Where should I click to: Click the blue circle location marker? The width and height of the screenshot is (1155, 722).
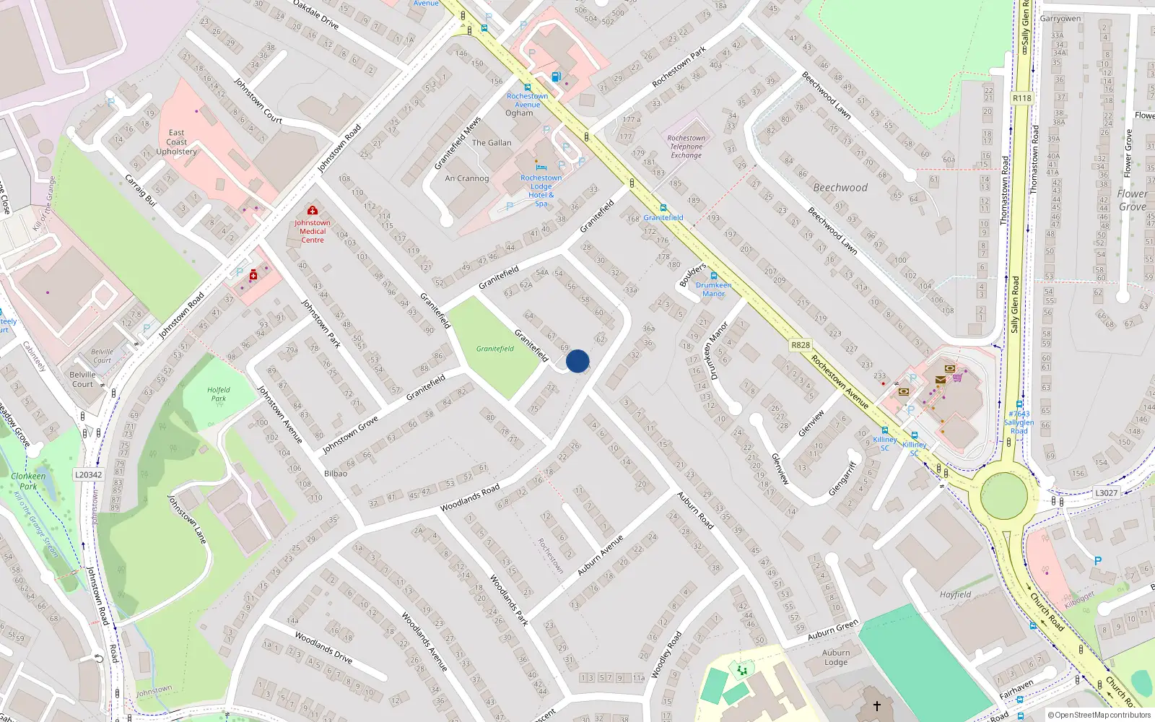click(577, 361)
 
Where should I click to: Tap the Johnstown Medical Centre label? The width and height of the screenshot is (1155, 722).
click(313, 231)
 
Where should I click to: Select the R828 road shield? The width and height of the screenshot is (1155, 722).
click(801, 345)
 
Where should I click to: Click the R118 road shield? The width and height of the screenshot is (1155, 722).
click(1022, 98)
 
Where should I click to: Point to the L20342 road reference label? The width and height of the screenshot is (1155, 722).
click(89, 474)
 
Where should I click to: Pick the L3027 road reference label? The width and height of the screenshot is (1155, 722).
click(1106, 492)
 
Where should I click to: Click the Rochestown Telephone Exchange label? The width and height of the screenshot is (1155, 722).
click(686, 147)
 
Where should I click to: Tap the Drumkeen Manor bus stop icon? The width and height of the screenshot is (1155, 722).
click(713, 276)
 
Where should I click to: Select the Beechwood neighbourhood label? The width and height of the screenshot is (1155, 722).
click(840, 188)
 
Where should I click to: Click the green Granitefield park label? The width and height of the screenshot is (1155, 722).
click(495, 349)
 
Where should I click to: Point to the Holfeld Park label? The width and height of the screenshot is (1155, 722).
click(219, 394)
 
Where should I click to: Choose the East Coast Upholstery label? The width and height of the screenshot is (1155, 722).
click(177, 142)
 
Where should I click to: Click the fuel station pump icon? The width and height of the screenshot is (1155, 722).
click(555, 77)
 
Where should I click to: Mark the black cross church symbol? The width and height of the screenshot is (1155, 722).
click(877, 706)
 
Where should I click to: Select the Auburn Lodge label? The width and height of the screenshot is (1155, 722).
click(836, 657)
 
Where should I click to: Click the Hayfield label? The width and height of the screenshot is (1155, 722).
click(955, 595)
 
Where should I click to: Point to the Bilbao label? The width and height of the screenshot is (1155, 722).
click(336, 474)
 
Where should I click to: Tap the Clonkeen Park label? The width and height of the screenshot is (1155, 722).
click(28, 481)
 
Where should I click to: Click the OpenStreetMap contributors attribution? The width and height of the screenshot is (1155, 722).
click(1099, 716)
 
